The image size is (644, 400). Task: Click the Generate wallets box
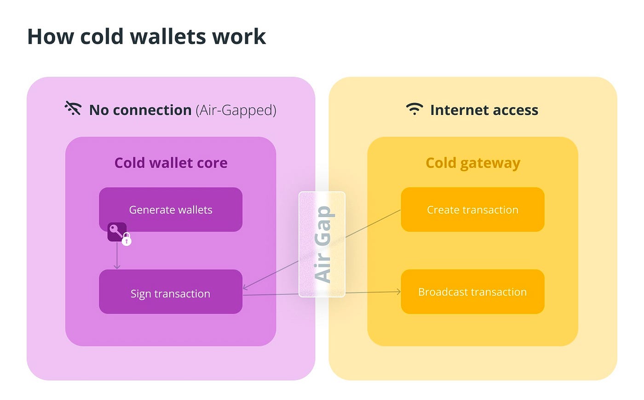pyautogui.click(x=171, y=210)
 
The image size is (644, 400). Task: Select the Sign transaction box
pyautogui.click(x=171, y=291)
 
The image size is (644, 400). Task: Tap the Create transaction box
pyautogui.click(x=473, y=210)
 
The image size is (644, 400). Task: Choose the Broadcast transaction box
pyautogui.click(x=473, y=291)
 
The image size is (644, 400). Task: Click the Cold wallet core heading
pyautogui.click(x=171, y=163)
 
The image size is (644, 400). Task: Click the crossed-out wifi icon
pyautogui.click(x=73, y=109)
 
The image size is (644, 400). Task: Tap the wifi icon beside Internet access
pyautogui.click(x=414, y=109)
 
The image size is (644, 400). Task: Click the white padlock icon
pyautogui.click(x=126, y=240)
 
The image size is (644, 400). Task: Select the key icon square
pyautogui.click(x=117, y=232)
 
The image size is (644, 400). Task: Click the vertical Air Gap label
pyautogui.click(x=324, y=244)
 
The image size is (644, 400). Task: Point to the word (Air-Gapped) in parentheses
pyautogui.click(x=236, y=110)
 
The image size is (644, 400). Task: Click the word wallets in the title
pyautogui.click(x=168, y=37)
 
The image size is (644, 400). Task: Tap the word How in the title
pyautogui.click(x=51, y=37)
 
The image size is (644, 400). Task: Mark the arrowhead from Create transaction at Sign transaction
pyautogui.click(x=245, y=287)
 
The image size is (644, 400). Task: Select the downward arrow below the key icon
pyautogui.click(x=117, y=256)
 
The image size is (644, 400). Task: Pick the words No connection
pyautogui.click(x=140, y=110)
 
